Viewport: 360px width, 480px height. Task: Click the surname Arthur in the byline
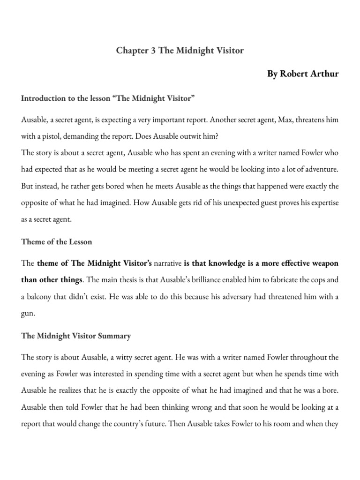click(x=326, y=75)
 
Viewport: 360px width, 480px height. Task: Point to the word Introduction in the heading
click(x=43, y=99)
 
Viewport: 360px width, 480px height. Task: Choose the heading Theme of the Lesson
click(x=56, y=242)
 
